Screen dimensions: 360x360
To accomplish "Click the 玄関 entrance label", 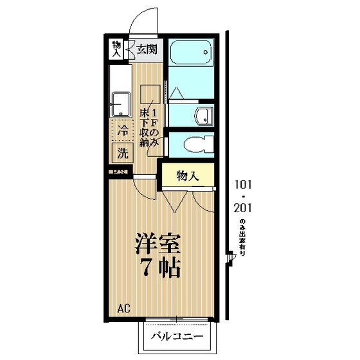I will click(146, 48).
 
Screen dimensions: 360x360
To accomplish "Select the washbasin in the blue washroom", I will click(203, 116).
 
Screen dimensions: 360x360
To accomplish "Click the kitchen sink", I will click(120, 102).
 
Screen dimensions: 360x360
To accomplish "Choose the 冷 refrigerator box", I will click(122, 130).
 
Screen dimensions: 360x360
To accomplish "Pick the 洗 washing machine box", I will click(122, 153).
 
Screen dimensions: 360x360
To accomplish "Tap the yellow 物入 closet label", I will click(187, 175).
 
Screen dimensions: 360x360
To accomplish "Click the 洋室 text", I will click(157, 244).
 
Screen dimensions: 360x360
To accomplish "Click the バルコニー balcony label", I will click(177, 337).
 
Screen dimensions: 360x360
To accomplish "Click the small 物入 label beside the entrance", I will click(116, 48).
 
